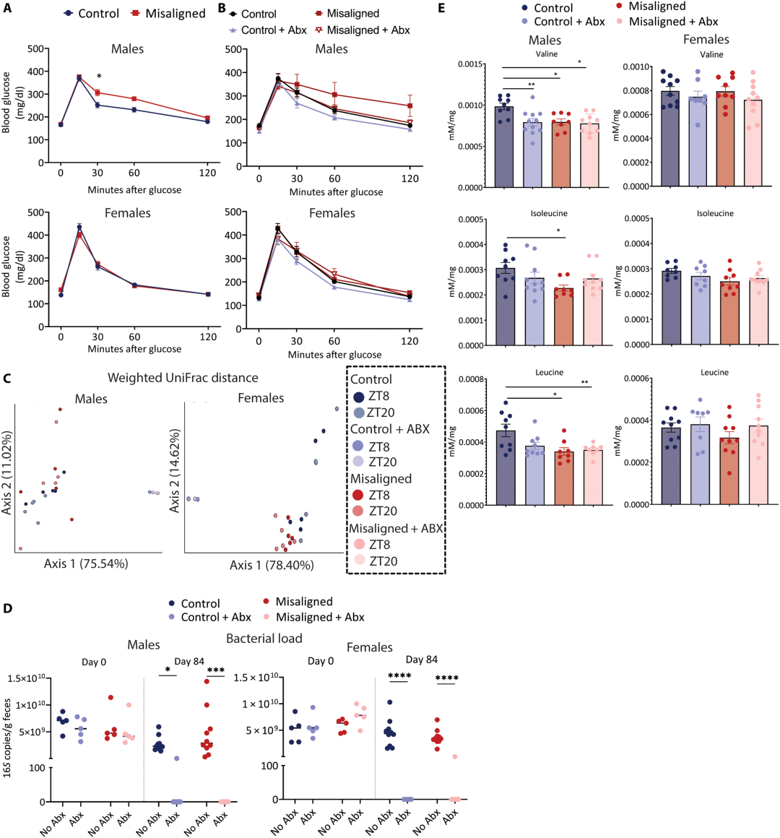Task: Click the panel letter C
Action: click(x=7, y=379)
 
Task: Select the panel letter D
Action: click(x=7, y=608)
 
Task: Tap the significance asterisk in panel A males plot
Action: click(x=99, y=77)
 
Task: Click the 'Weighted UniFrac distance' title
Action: click(x=183, y=378)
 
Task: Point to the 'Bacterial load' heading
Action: click(x=264, y=638)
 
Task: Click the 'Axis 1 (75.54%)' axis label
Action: click(x=86, y=563)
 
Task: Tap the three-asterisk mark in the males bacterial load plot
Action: click(x=215, y=670)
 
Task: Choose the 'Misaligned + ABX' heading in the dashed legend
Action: click(x=396, y=529)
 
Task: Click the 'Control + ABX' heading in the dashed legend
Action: click(x=390, y=429)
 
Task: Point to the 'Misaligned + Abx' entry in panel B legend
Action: click(x=368, y=30)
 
